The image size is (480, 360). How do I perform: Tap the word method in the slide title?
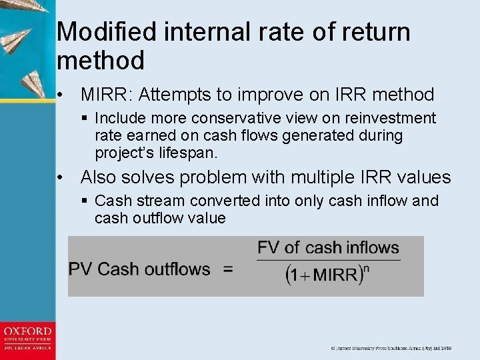coord(101,61)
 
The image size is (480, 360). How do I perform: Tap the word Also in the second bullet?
coord(99,177)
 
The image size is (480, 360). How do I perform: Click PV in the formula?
coord(81,269)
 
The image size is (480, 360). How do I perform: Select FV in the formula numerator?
coord(268,248)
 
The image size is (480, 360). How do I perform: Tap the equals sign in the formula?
coord(228,270)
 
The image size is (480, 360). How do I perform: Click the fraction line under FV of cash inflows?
coord(328,260)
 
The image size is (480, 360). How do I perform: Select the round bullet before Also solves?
coord(61,178)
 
